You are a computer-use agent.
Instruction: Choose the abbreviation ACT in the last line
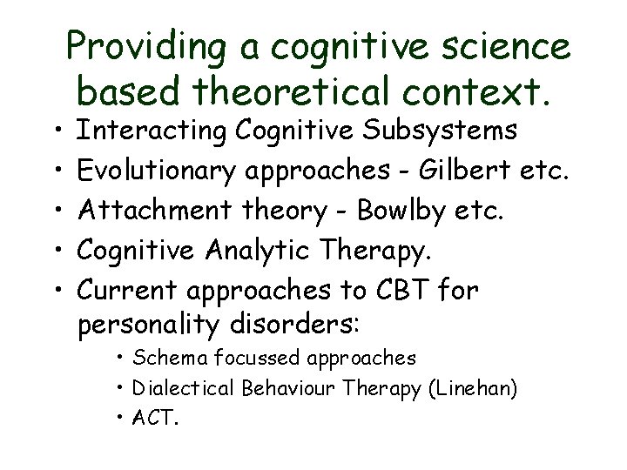(154, 419)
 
